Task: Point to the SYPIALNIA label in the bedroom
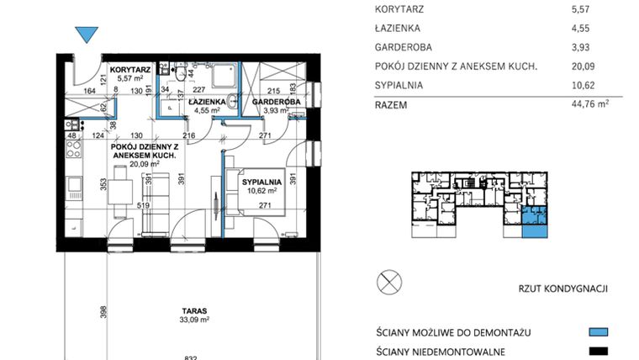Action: [261, 181]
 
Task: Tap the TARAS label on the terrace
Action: [194, 310]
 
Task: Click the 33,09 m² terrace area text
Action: [194, 320]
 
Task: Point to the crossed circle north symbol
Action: [389, 281]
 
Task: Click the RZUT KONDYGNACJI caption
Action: [562, 289]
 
